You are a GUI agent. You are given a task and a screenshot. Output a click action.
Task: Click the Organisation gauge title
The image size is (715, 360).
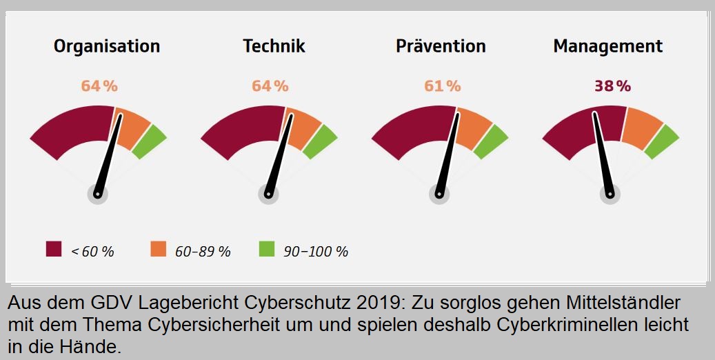(x=107, y=46)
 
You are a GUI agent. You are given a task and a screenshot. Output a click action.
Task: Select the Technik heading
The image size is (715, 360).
(x=274, y=46)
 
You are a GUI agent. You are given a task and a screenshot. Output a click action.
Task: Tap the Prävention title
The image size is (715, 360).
(x=441, y=46)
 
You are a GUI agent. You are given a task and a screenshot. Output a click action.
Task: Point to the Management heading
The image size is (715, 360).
(x=607, y=46)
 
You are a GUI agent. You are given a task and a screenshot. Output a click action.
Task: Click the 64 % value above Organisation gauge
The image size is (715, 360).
(x=99, y=86)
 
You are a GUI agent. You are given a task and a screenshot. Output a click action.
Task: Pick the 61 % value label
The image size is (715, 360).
(x=442, y=86)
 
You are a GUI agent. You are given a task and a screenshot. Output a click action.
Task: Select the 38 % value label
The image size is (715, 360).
(x=612, y=86)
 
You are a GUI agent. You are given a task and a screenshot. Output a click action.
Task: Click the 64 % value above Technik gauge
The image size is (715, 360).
(x=270, y=86)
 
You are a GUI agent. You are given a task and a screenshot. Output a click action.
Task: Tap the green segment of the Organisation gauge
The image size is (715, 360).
(x=150, y=141)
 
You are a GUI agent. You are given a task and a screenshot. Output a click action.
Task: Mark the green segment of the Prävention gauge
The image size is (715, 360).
(x=490, y=141)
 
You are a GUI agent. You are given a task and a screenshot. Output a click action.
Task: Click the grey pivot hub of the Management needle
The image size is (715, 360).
(x=610, y=194)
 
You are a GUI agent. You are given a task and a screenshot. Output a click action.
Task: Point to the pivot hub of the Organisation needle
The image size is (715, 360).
(x=98, y=194)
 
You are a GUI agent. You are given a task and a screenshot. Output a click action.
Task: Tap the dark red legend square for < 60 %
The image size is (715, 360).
(x=54, y=249)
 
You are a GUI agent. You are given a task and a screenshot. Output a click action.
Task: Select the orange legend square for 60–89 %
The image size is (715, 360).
(x=159, y=249)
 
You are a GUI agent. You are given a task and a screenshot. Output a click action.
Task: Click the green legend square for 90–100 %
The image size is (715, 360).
(x=267, y=249)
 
